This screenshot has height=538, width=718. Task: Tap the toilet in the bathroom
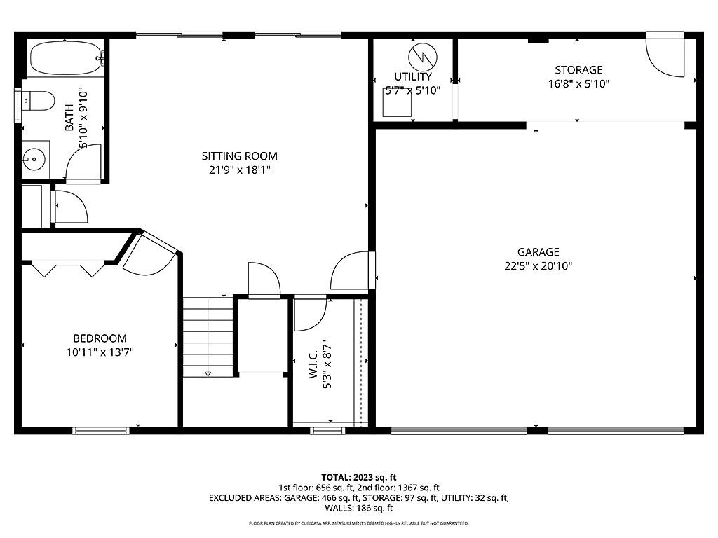pyautogui.click(x=39, y=102)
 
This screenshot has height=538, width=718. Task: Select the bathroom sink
pyautogui.click(x=33, y=159)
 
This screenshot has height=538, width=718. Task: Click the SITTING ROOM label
pyautogui.click(x=239, y=156)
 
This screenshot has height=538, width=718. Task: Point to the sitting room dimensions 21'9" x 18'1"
pyautogui.click(x=239, y=170)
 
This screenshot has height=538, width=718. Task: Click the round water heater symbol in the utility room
pyautogui.click(x=423, y=56)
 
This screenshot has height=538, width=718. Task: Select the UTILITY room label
pyautogui.click(x=413, y=76)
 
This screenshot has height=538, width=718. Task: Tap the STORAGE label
pyautogui.click(x=578, y=70)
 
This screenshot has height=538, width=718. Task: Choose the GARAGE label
pyautogui.click(x=538, y=252)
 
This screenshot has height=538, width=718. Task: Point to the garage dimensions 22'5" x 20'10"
pyautogui.click(x=538, y=266)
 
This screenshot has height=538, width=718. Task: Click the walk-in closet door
pyautogui.click(x=309, y=313)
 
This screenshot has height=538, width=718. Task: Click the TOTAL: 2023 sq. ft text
pyautogui.click(x=359, y=477)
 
